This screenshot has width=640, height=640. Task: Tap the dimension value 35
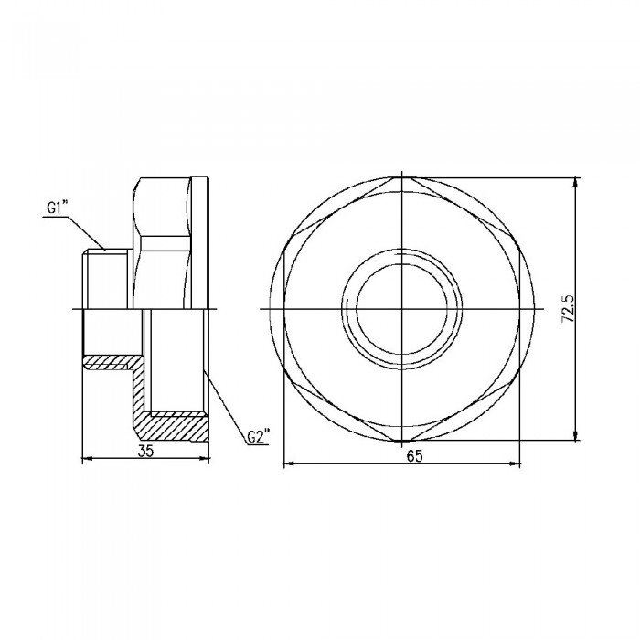pyautogui.click(x=146, y=450)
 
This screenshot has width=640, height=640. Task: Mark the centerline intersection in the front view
pyautogui.click(x=402, y=309)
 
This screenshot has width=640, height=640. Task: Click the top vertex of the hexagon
pyautogui.click(x=402, y=177)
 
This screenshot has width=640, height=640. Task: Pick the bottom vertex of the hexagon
pyautogui.click(x=402, y=441)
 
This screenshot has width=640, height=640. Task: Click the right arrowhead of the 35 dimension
pyautogui.click(x=206, y=458)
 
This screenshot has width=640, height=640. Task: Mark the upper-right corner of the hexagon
pyautogui.click(x=517, y=243)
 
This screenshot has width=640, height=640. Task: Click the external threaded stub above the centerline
pyautogui.click(x=108, y=279)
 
